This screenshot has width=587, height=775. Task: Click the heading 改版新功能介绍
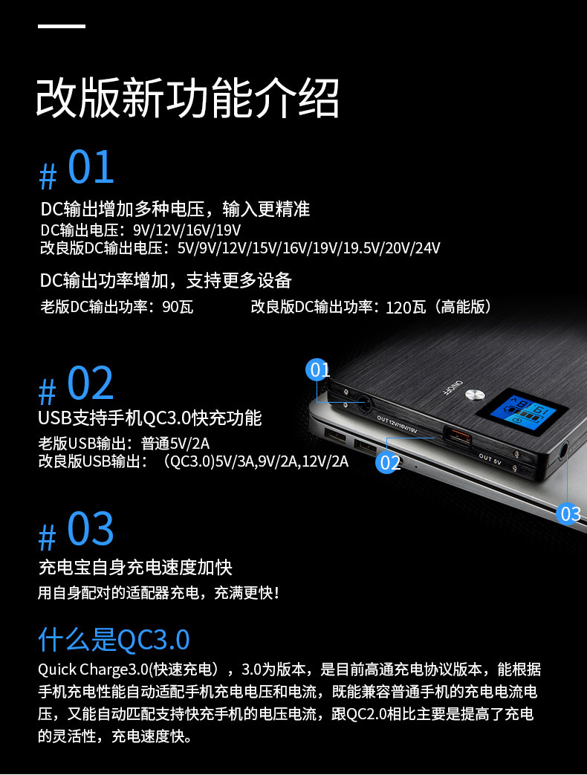(187, 97)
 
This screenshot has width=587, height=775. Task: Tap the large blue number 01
(91, 167)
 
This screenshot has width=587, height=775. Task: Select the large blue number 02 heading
(91, 383)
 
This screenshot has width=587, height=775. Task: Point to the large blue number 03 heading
(91, 528)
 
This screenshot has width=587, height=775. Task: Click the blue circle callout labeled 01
(318, 370)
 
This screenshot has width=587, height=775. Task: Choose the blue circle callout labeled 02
(388, 462)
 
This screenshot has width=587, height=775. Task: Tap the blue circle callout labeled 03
(569, 513)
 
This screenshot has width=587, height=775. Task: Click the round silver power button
(473, 395)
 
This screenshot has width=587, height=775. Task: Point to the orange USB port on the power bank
(458, 437)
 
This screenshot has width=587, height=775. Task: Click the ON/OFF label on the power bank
(452, 388)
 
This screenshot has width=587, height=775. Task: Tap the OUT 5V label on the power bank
(490, 459)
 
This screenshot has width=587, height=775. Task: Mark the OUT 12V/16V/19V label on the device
(398, 424)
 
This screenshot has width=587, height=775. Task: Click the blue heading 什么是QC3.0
(114, 639)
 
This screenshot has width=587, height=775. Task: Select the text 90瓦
(178, 307)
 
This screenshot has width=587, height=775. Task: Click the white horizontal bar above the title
(62, 26)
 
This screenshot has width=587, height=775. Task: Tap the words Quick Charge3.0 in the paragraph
(94, 669)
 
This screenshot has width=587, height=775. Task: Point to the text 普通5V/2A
(175, 444)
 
